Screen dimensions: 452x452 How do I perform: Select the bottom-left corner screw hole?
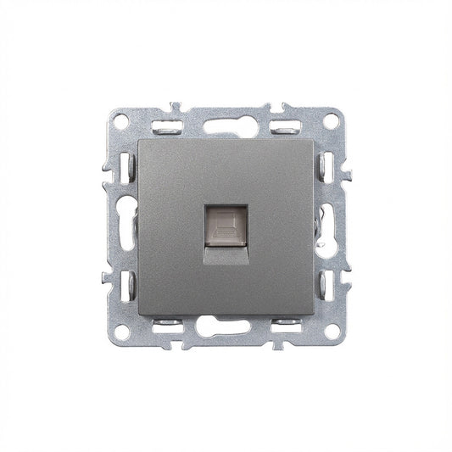click(x=120, y=332)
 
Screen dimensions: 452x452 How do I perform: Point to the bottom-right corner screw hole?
click(x=332, y=332)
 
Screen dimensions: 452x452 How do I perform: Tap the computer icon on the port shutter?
click(x=226, y=224)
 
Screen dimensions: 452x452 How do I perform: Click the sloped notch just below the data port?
click(x=226, y=253)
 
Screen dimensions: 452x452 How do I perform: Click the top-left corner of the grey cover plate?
click(x=136, y=137)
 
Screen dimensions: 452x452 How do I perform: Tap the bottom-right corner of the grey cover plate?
click(x=315, y=315)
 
